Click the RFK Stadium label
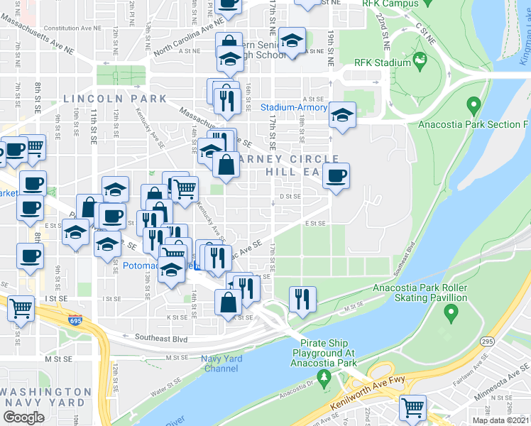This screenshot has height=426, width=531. tap(382, 62)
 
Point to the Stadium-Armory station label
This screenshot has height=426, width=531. tap(293, 108)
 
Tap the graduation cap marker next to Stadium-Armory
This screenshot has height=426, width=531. tap(342, 116)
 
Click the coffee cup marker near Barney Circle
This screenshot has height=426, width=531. tap(336, 176)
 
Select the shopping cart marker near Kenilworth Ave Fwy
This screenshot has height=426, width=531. tap(412, 408)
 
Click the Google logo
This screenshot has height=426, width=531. tap(24, 417)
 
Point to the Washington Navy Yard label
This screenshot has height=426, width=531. tap(46, 397)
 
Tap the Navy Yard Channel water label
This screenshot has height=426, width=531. tap(221, 364)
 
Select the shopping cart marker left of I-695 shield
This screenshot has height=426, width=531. tap(21, 309)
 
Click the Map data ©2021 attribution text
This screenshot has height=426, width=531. tap(500, 420)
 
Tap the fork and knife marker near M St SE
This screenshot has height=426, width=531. tap(302, 300)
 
